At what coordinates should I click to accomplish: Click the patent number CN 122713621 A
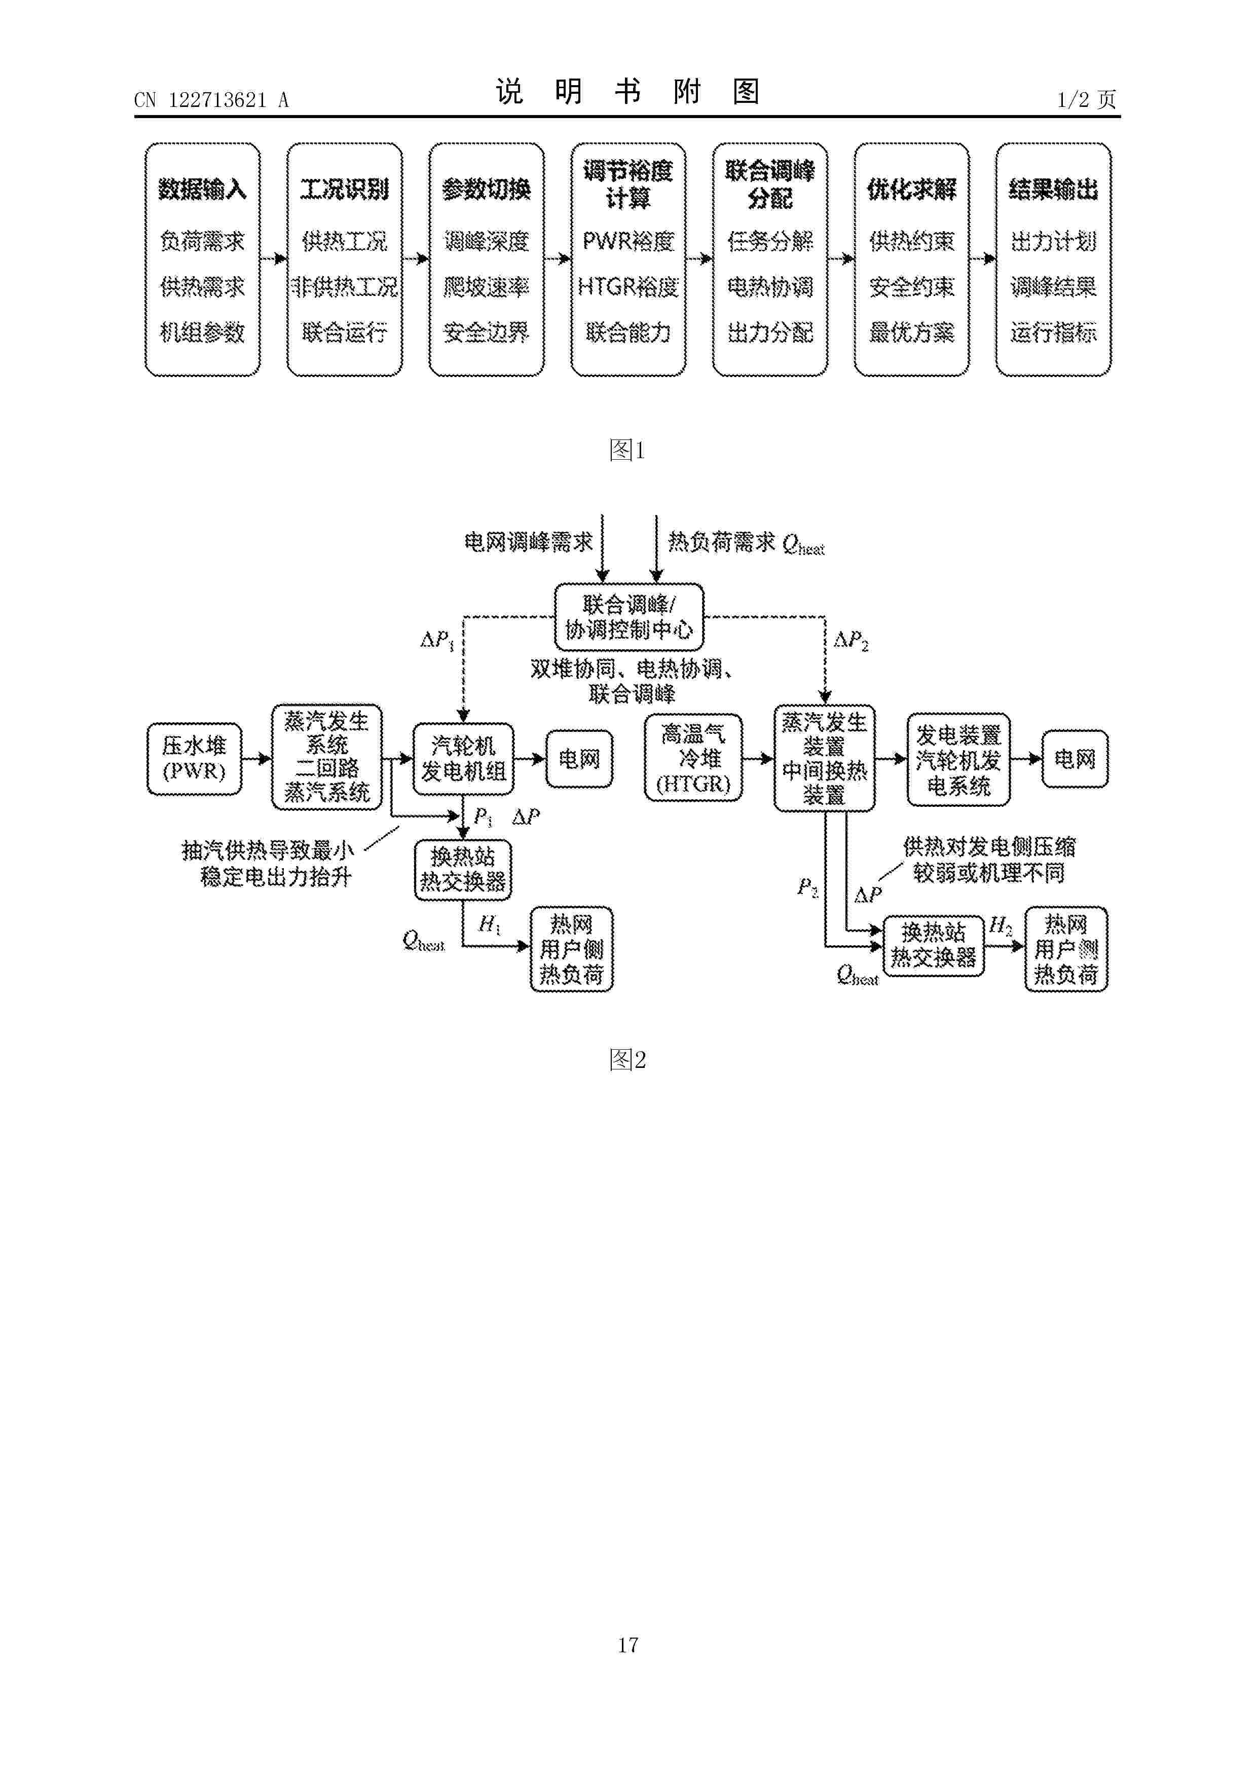[211, 100]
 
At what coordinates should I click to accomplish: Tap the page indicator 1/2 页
[1087, 99]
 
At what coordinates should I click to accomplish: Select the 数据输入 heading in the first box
[202, 189]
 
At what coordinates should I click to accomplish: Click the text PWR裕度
[628, 242]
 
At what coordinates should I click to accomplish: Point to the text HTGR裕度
[628, 287]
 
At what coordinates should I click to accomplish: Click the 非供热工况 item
[345, 287]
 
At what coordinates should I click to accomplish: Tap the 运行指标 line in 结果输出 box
[1053, 333]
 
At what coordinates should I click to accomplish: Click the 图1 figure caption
[627, 450]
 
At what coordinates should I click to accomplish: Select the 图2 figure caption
[627, 1059]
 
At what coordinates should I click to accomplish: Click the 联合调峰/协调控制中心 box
[629, 616]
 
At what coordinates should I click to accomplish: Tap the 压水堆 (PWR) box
[195, 759]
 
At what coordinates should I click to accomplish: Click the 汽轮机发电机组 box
[463, 759]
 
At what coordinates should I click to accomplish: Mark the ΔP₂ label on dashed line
[851, 641]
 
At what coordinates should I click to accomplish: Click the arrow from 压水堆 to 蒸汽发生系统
[257, 759]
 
